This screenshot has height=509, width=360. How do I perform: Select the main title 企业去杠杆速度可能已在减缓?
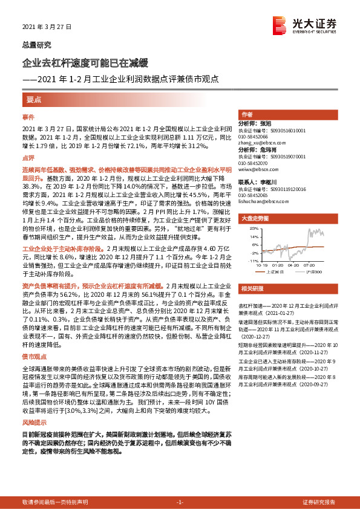click(81, 63)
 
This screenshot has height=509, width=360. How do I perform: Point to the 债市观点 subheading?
click(36, 357)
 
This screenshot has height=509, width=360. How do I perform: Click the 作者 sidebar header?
click(247, 114)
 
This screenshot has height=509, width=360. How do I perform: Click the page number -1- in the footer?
click(180, 502)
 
